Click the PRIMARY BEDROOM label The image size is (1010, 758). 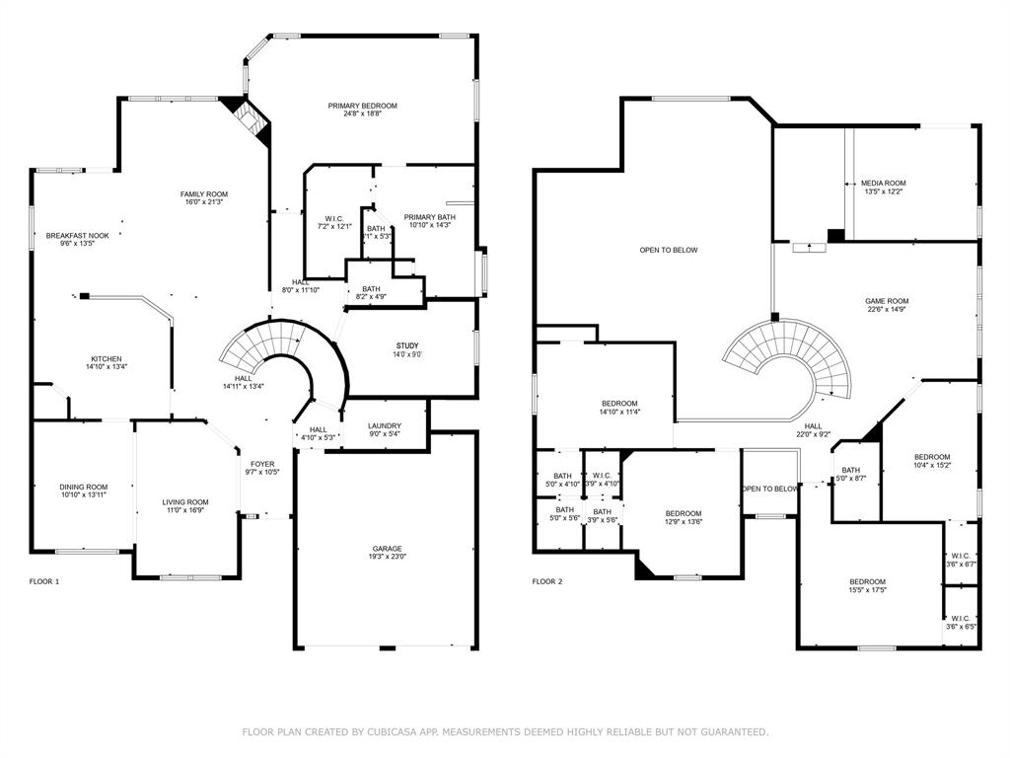(x=363, y=106)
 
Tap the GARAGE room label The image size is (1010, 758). (x=387, y=549)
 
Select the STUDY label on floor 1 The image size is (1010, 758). (x=406, y=345)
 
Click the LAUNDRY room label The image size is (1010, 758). (x=385, y=425)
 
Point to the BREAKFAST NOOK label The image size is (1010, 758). (x=77, y=236)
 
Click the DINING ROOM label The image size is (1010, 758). (x=83, y=487)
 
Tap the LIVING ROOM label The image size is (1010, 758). (x=185, y=502)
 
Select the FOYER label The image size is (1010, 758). (x=262, y=464)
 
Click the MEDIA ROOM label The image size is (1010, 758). (x=883, y=183)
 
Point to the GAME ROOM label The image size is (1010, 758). (x=887, y=301)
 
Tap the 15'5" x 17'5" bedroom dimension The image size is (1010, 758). (x=868, y=590)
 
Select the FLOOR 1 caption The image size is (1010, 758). (x=44, y=581)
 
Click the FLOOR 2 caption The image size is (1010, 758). (x=547, y=581)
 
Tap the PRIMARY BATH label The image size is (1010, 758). (x=429, y=217)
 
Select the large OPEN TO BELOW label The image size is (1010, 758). (x=668, y=250)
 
